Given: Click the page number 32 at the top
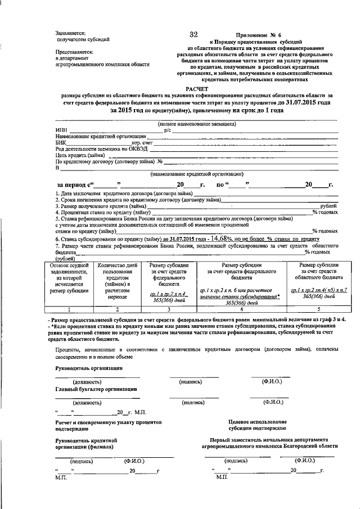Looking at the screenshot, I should point(193,35).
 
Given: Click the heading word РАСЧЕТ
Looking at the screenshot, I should point(197,89).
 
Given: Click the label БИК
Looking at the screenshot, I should point(61,143).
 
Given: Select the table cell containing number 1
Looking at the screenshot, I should point(69,309).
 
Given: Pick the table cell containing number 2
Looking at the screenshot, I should point(117,309).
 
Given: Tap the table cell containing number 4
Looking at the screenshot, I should point(240,309).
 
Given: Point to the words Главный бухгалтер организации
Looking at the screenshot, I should point(96,389).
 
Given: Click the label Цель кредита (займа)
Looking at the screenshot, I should point(81,155).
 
